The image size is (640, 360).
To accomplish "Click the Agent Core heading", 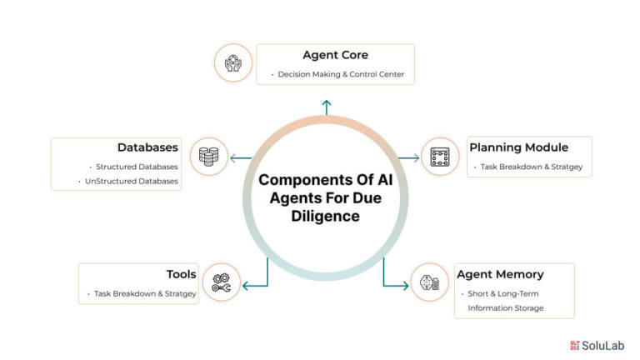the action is pos(335,55).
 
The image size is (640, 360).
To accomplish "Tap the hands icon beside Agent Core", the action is pos(233,63).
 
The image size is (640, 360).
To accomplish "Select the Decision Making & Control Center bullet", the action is pos(341,74).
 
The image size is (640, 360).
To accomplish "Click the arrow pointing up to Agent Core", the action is pos(326,107).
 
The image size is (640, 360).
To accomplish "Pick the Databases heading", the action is pos(147,147).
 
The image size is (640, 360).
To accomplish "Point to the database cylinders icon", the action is pos(208,157).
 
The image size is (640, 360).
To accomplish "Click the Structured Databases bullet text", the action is pos(137,167).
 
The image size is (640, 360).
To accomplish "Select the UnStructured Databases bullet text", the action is pos(132,181).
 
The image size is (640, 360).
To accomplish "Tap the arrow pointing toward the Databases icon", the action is pos(241,158).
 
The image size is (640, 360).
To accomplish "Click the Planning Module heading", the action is pos(519,147).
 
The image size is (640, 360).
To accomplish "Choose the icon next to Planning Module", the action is pos(440,157).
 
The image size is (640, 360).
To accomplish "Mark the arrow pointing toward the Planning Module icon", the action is pos(408,158).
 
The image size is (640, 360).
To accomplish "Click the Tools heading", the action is pos(181,274).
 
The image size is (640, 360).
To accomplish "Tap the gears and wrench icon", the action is pos(221,282).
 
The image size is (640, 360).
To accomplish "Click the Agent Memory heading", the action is pos(500,274).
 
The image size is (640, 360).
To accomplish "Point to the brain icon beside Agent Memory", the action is pos(429,282).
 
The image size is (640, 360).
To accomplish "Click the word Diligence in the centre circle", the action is pos(325,217).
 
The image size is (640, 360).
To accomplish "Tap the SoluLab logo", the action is pos(597,346).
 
